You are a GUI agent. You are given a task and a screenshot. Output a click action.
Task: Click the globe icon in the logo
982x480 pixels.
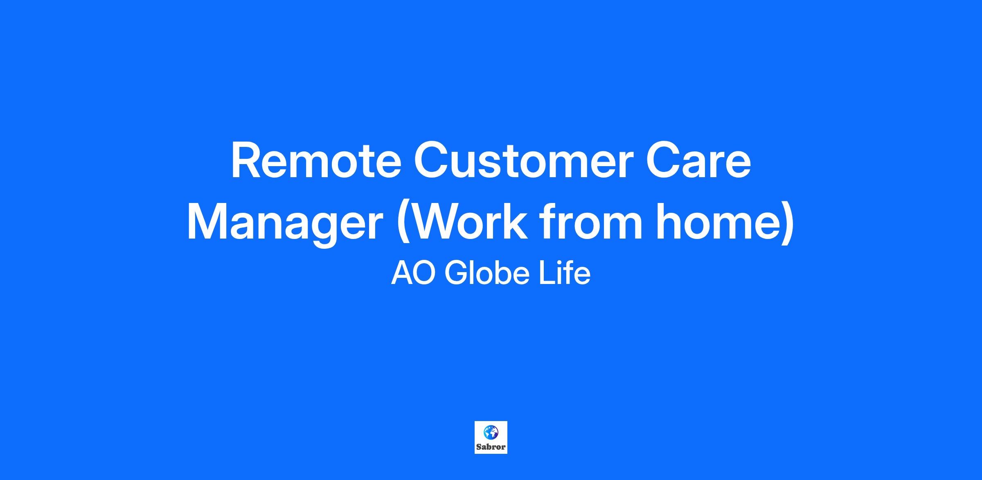tap(491, 432)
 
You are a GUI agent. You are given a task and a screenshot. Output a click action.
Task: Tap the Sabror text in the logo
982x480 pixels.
tap(491, 447)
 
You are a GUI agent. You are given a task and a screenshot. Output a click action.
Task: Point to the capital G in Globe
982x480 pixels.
tap(456, 273)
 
